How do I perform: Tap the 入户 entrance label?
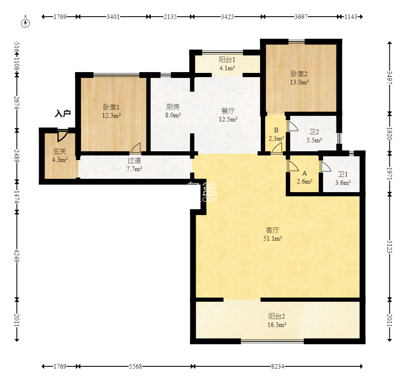point(63,113)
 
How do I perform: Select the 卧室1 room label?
point(111,107)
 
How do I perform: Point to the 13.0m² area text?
point(299,82)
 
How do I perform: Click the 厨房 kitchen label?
point(172,106)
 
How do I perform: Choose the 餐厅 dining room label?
point(228,111)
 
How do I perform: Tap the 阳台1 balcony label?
point(227,60)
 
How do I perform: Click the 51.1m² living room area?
point(272,238)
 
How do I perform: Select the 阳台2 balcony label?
point(277,316)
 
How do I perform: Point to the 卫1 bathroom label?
point(343,174)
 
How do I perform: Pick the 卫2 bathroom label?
point(314,132)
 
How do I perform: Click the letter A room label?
point(304,173)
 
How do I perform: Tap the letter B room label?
point(276,130)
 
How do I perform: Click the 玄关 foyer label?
point(60,151)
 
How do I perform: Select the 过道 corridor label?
point(134,160)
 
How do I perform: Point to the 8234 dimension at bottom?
point(277,366)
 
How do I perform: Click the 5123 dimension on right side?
point(389,246)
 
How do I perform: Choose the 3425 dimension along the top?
point(227,17)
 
